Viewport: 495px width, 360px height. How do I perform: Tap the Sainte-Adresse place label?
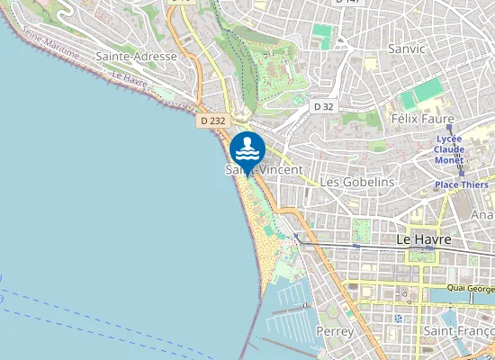tap(135, 56)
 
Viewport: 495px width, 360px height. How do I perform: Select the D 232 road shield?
tap(213, 119)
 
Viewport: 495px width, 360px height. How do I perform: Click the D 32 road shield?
tap(323, 106)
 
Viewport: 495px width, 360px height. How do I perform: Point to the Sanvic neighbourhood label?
tap(405, 48)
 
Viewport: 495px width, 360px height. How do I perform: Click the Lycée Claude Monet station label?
tap(449, 149)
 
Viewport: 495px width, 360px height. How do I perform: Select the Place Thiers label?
tap(461, 184)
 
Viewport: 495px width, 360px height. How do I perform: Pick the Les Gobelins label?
tap(357, 182)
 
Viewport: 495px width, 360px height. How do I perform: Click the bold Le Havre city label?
tap(423, 240)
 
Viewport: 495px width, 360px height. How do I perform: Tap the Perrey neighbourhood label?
tap(337, 332)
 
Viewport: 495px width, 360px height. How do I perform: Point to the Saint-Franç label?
tap(458, 332)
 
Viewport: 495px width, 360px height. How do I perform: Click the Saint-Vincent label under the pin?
tap(264, 169)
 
